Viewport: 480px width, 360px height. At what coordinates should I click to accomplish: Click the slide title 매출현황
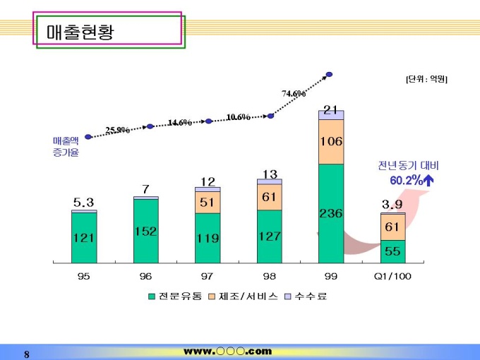click(80, 32)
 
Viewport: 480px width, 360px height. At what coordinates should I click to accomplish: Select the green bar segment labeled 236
click(331, 213)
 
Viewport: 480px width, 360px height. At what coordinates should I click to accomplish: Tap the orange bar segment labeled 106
click(331, 141)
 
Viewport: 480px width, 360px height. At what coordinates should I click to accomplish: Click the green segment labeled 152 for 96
click(145, 231)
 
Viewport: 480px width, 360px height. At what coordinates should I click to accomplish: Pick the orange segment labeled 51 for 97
click(208, 202)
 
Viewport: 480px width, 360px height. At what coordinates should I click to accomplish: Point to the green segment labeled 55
click(392, 251)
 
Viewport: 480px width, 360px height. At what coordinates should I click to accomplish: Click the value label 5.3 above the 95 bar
click(83, 203)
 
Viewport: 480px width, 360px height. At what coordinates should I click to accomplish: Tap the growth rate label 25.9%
click(117, 130)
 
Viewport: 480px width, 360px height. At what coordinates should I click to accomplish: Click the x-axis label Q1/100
click(392, 277)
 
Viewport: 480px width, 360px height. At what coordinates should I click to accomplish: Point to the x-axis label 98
click(269, 277)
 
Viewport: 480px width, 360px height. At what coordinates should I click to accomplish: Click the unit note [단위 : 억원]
click(426, 79)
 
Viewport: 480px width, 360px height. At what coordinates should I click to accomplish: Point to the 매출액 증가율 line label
click(66, 147)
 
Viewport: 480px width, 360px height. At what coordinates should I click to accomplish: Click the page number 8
click(27, 354)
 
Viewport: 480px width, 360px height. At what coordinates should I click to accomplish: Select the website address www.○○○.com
click(227, 351)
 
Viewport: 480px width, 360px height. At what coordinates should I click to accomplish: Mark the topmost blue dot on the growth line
click(329, 73)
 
